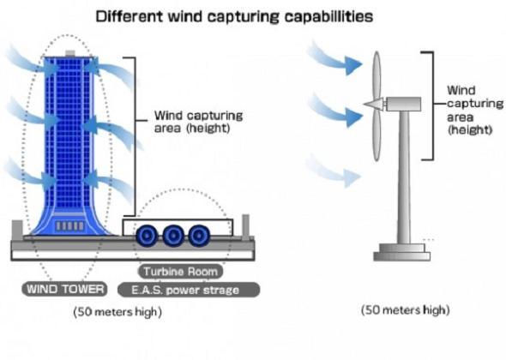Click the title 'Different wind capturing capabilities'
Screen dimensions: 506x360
[234, 16]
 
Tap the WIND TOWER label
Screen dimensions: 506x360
[64, 289]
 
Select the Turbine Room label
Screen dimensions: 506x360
[180, 272]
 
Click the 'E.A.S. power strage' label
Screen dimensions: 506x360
[189, 290]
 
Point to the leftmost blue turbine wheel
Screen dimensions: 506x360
[147, 236]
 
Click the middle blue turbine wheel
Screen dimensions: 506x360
[173, 236]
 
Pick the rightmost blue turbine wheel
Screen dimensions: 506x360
[200, 236]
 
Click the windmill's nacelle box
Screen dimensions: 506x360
[403, 104]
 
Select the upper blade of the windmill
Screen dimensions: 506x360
[376, 75]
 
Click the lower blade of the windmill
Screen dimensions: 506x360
[376, 135]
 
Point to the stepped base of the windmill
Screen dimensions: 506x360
[401, 252]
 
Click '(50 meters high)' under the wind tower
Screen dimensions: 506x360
[117, 312]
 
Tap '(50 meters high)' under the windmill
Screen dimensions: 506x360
[406, 310]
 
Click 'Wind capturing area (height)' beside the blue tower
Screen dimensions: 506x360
[198, 122]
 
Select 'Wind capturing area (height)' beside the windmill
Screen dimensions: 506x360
[474, 110]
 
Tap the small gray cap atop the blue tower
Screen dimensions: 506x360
[70, 53]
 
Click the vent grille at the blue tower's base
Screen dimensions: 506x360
[70, 225]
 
